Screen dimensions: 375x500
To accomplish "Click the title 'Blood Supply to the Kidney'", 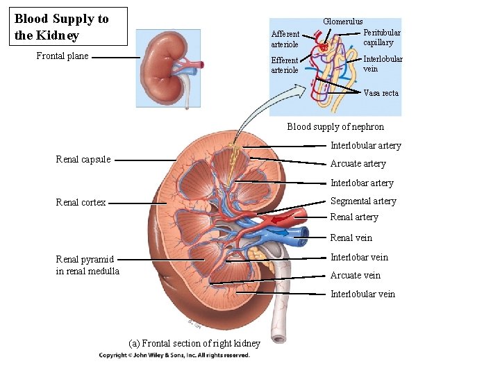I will pyautogui.click(x=61, y=27).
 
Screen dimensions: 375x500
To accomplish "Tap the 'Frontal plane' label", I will pyautogui.click(x=62, y=56).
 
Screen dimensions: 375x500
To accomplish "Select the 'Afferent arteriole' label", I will pyautogui.click(x=285, y=39).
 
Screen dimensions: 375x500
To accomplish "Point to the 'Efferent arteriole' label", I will pyautogui.click(x=285, y=65).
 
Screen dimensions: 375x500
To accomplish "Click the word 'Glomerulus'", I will pyautogui.click(x=343, y=22).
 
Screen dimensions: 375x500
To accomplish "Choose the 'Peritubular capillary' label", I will pyautogui.click(x=382, y=37).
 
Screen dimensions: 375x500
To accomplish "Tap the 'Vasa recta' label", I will pyautogui.click(x=381, y=93).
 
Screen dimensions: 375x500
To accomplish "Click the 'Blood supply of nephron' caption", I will pyautogui.click(x=335, y=126).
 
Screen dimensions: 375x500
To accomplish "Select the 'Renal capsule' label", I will pyautogui.click(x=83, y=160).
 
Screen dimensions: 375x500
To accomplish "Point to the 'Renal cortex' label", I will pyautogui.click(x=81, y=203).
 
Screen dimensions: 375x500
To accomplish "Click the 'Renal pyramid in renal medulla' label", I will pyautogui.click(x=87, y=265).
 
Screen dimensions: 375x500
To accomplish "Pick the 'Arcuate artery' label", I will pyautogui.click(x=358, y=164).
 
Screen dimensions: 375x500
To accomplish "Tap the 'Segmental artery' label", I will pyautogui.click(x=363, y=201).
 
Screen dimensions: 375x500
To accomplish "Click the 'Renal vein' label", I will pyautogui.click(x=351, y=238).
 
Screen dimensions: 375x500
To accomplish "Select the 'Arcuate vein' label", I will pyautogui.click(x=356, y=276).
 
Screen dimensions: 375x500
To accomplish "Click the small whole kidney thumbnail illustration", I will pyautogui.click(x=167, y=67).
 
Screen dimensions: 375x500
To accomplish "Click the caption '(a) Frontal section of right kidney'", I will pyautogui.click(x=194, y=343).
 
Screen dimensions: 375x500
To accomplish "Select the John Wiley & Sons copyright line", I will pyautogui.click(x=174, y=356).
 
